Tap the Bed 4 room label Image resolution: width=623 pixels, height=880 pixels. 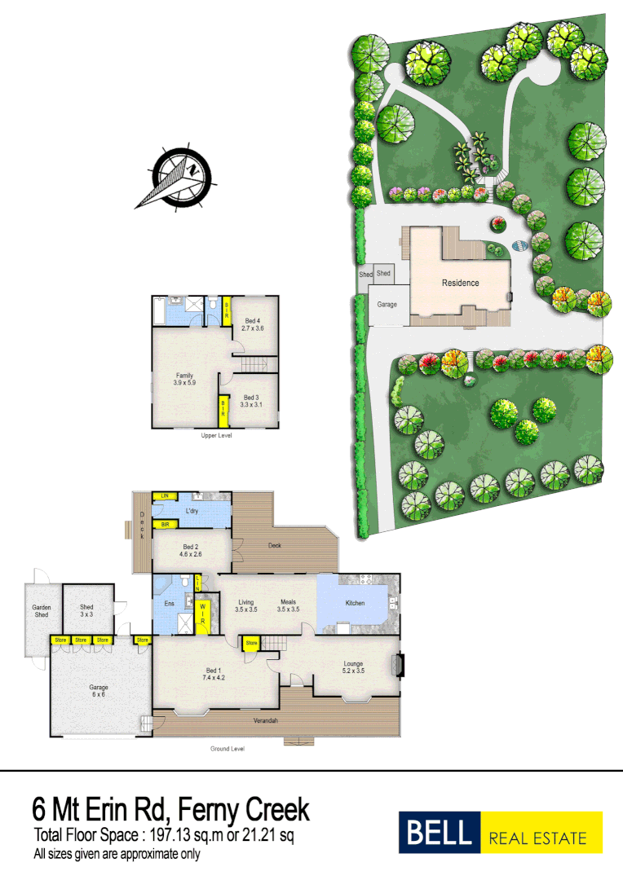[251, 324]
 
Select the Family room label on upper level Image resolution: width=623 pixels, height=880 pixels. [184, 378]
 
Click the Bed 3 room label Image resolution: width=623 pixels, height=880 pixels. [251, 400]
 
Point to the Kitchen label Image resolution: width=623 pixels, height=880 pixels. [355, 603]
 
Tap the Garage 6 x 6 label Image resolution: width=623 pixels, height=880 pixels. [99, 691]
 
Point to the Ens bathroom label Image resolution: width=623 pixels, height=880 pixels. [170, 604]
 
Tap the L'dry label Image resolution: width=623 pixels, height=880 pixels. [192, 510]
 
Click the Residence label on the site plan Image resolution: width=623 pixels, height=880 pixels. [461, 283]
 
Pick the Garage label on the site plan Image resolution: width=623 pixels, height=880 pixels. [387, 304]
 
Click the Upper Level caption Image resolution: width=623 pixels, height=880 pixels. [217, 436]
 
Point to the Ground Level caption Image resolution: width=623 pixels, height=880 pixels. [228, 749]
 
